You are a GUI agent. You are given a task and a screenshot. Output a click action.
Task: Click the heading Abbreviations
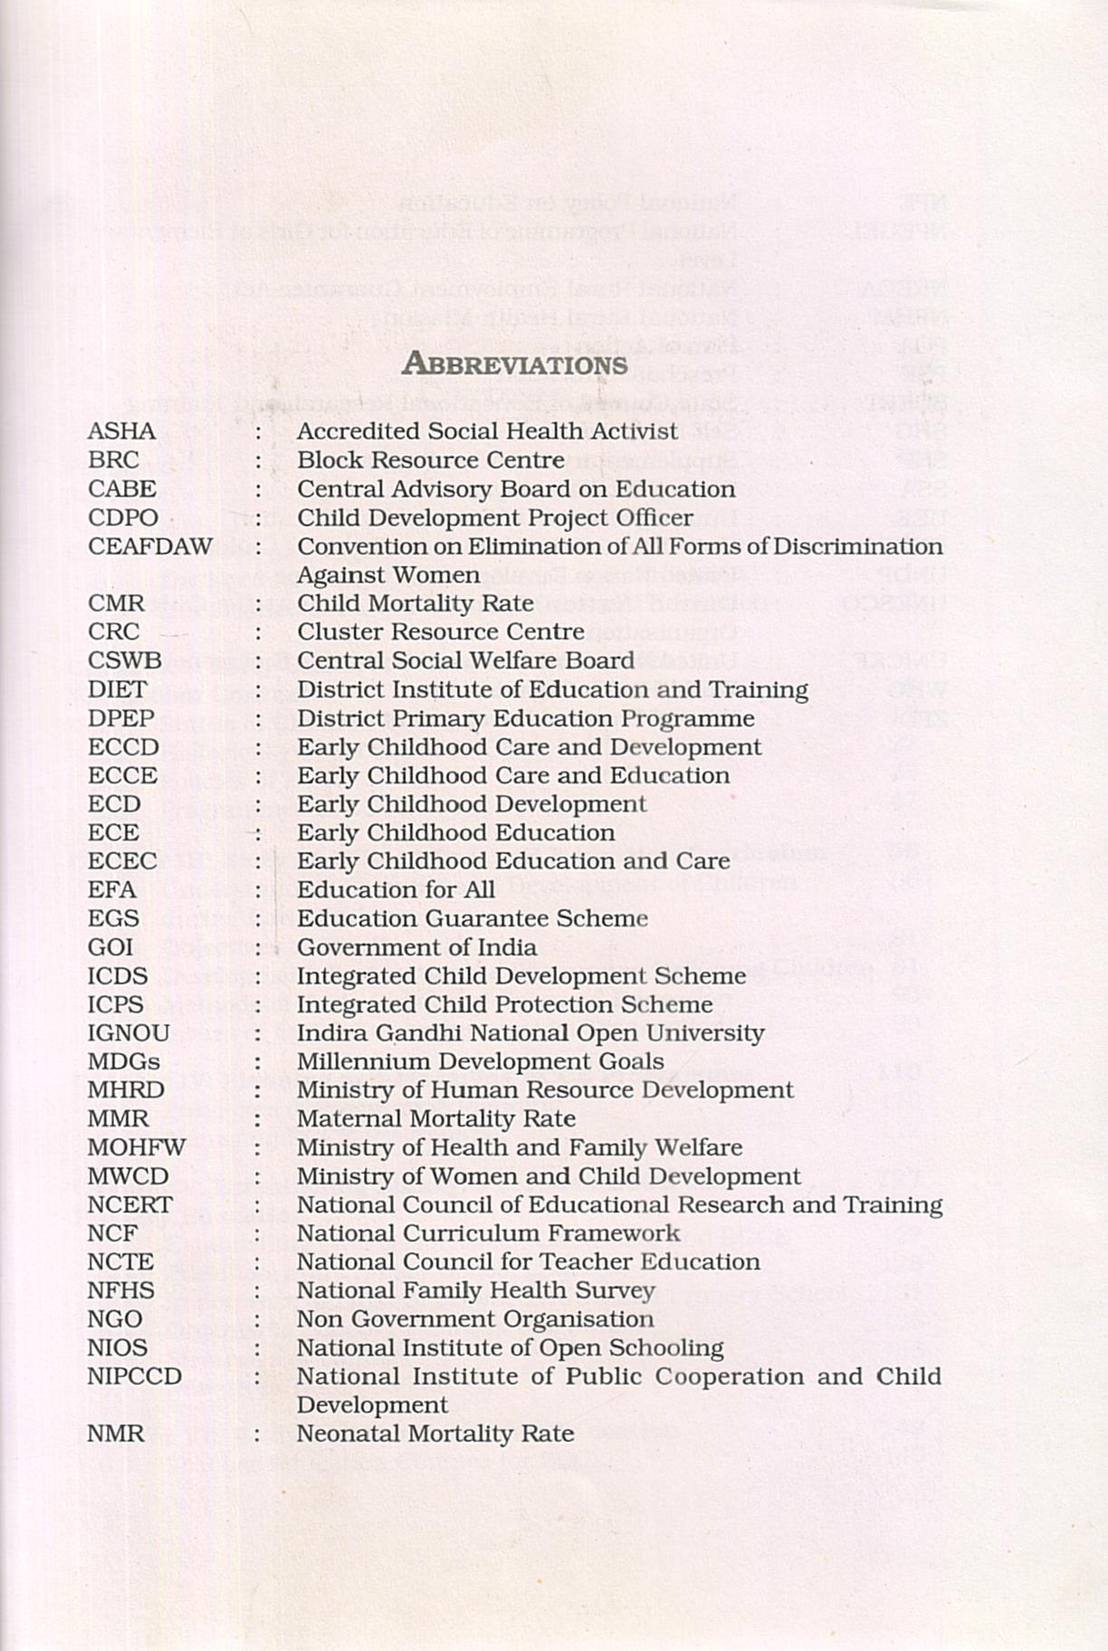[x=514, y=364]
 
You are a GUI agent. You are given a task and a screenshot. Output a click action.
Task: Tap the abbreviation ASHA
[x=121, y=431]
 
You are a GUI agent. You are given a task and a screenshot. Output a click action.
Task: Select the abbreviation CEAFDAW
[x=150, y=546]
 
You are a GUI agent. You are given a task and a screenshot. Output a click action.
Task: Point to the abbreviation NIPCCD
[x=135, y=1376]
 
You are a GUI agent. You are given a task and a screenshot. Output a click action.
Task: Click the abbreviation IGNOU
[x=129, y=1032]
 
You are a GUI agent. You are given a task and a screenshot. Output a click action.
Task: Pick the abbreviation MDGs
[x=124, y=1061]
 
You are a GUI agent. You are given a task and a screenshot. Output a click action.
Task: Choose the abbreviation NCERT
[x=129, y=1205]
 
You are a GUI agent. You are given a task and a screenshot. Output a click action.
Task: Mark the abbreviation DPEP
[x=121, y=718]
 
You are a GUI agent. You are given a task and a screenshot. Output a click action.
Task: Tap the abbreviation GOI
[x=110, y=947]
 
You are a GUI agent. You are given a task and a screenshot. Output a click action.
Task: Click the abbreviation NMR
[x=116, y=1434]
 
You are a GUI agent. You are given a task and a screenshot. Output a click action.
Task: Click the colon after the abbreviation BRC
[x=258, y=460]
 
